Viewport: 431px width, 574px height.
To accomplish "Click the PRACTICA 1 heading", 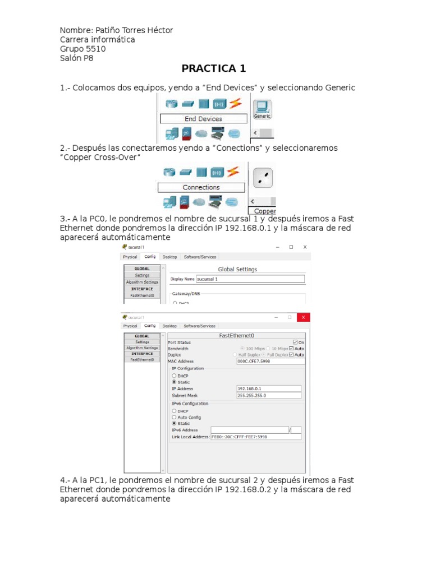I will click(213, 69).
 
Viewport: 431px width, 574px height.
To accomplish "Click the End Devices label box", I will click(203, 119).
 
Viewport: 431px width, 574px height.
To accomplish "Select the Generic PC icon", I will click(262, 108).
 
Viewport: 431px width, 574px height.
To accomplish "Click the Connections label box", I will click(201, 187).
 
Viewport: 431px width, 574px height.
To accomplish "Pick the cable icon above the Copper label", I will click(262, 179).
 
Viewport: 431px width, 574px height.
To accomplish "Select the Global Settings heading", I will click(237, 269).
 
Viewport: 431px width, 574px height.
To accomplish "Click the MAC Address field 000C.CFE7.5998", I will click(271, 362).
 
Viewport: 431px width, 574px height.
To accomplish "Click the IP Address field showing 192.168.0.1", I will click(269, 388).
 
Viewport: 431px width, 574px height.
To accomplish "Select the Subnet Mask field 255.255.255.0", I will click(269, 395).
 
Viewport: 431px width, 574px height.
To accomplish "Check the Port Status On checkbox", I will click(296, 342).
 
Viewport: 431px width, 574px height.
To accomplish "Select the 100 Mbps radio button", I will click(242, 348).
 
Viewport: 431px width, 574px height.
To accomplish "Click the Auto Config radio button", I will click(175, 417).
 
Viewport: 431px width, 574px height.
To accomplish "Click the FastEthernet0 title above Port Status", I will click(236, 336).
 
